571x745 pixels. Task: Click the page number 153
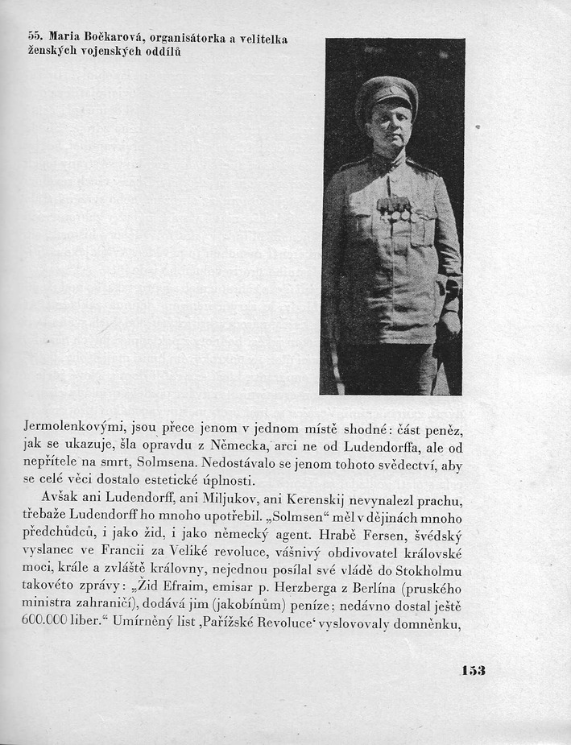tap(474, 670)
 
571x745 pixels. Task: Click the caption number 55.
tap(35, 38)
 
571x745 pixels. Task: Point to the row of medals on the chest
tap(395, 209)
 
